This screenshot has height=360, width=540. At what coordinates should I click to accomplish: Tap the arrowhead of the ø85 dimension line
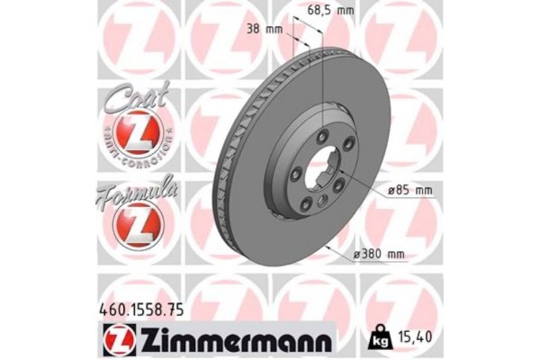tap(347, 181)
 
